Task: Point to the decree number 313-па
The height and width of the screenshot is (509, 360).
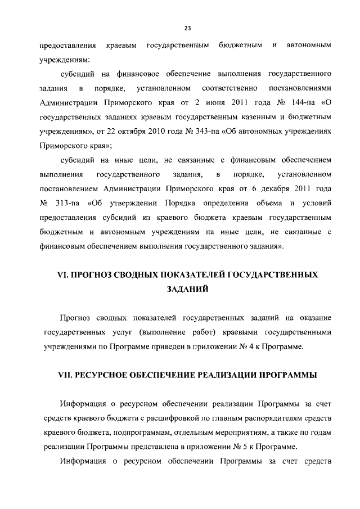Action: coord(69,201)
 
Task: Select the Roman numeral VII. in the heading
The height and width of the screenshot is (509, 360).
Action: coord(59,376)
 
